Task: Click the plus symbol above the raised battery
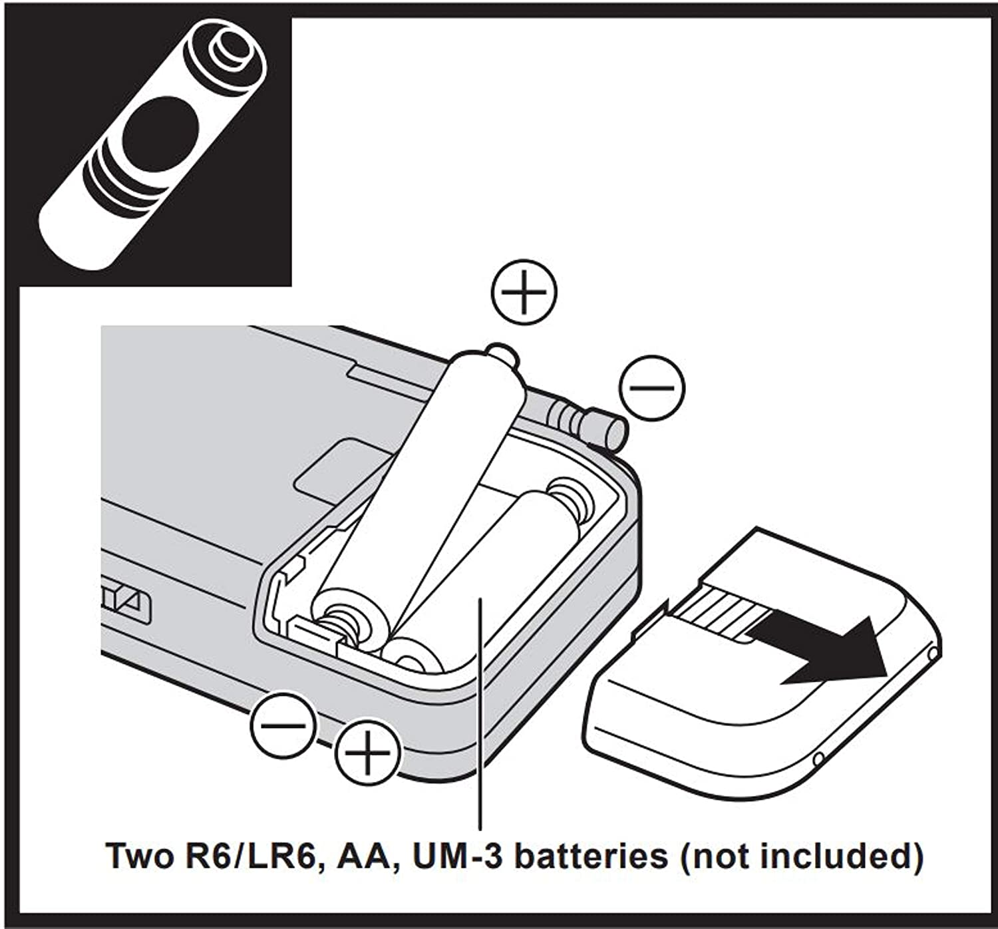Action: tap(524, 292)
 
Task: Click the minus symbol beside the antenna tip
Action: tap(651, 387)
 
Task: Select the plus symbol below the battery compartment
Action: tap(368, 753)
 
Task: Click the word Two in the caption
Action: tap(138, 856)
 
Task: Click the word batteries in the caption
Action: tap(591, 856)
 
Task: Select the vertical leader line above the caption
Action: tap(480, 719)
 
